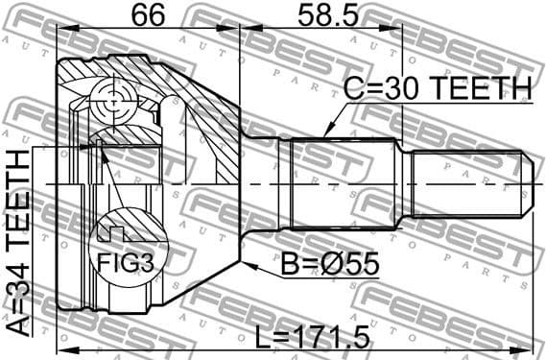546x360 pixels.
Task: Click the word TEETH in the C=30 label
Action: point(482,89)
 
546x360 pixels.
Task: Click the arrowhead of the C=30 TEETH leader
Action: point(327,132)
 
